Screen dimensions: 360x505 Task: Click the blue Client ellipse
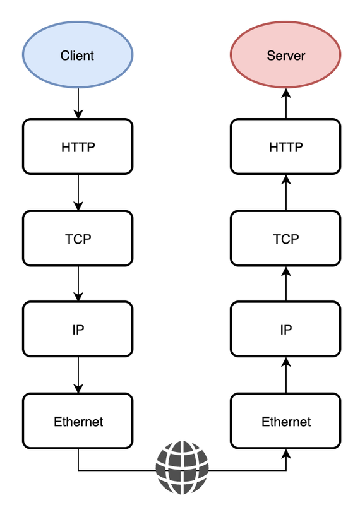78,55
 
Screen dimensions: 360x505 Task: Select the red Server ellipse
285,55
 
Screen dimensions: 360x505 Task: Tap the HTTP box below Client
78,146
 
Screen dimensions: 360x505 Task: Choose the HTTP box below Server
285,146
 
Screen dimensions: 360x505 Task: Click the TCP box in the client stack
78,239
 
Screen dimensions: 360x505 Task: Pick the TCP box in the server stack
285,239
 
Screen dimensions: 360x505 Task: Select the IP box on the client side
78,329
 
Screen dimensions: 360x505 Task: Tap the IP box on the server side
285,329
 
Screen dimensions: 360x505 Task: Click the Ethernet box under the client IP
78,421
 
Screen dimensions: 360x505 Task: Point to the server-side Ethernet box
285,421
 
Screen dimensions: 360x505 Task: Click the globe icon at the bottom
182,467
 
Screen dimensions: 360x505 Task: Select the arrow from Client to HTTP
78,104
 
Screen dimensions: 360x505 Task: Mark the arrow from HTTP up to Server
286,104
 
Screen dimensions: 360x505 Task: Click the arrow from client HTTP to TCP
78,193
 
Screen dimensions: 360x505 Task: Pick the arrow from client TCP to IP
78,284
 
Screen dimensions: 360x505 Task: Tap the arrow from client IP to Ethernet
78,375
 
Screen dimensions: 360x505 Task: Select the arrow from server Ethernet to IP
286,375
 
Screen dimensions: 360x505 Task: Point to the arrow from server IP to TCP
286,284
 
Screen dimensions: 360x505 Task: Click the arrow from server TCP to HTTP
286,193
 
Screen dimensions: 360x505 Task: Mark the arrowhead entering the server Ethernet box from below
286,454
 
